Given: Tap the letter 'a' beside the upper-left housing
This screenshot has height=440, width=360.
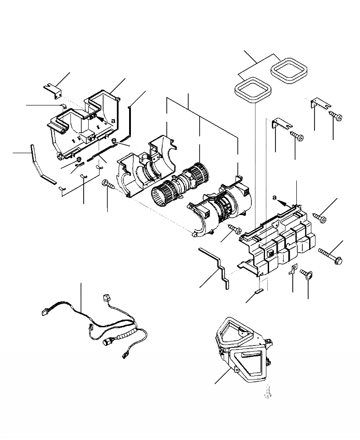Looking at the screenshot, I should [x=112, y=121].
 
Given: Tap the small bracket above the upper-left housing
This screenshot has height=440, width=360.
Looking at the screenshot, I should [x=54, y=89].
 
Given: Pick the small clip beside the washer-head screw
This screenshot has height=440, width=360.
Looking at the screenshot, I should [x=293, y=270].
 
